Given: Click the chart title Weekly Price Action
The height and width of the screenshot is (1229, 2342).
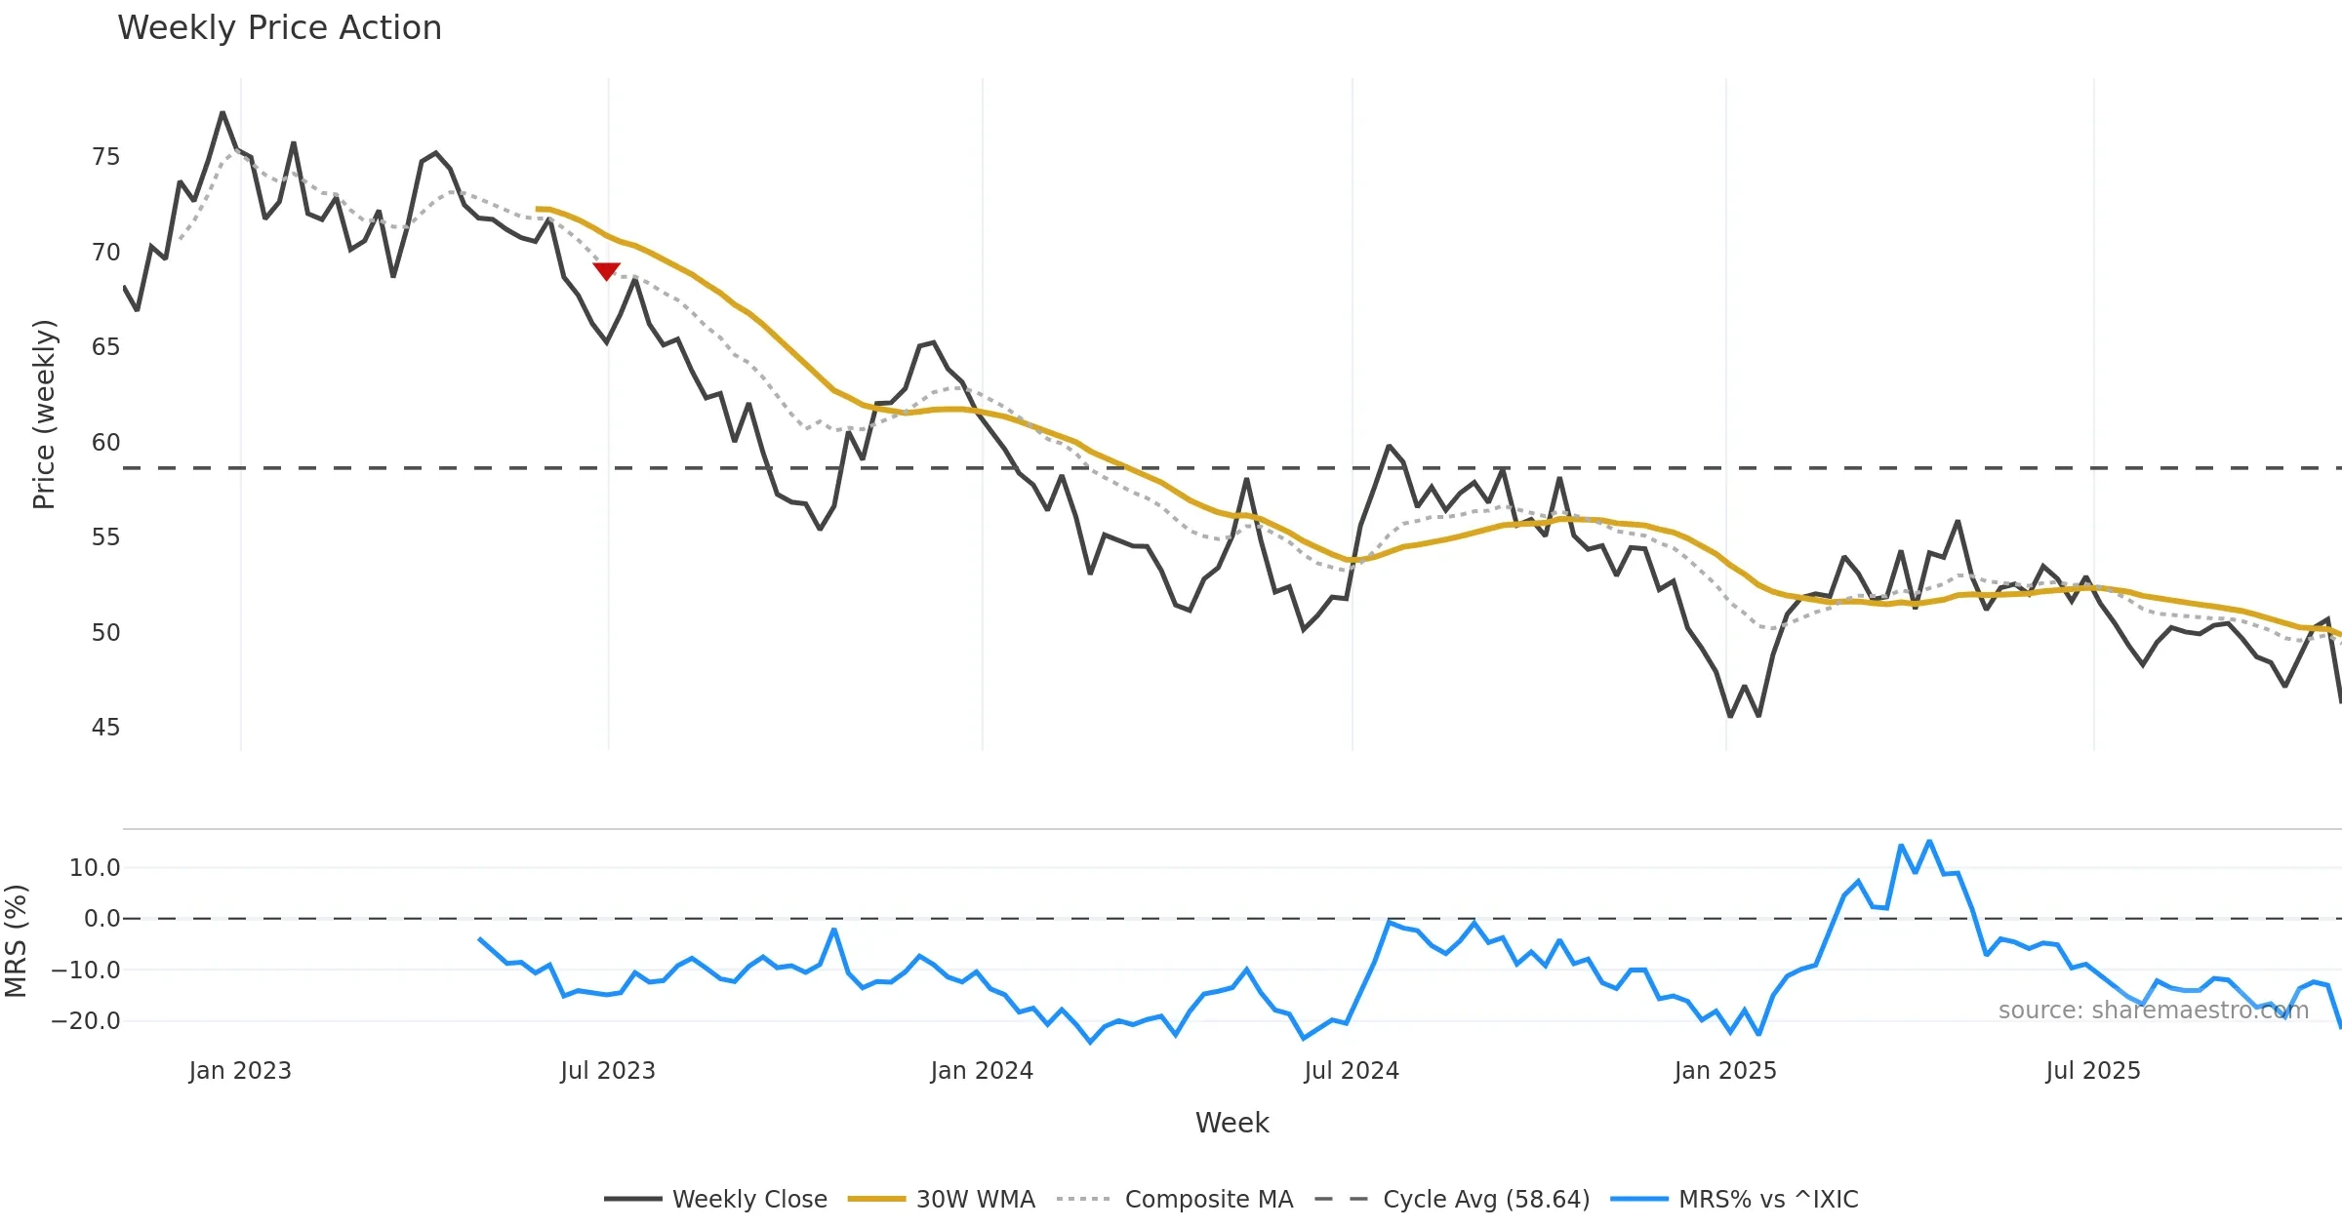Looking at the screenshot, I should point(279,28).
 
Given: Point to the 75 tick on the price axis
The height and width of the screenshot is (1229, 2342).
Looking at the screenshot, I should point(105,157).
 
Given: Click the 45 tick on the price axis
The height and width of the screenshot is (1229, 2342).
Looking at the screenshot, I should point(105,728).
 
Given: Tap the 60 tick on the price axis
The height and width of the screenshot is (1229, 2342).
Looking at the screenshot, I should point(105,443).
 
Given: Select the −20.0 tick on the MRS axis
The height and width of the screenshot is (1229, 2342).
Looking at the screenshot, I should point(86,1021).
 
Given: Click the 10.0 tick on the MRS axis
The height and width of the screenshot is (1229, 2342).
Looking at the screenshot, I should point(95,868).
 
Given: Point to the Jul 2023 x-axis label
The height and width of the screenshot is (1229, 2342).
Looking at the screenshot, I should point(607,1071).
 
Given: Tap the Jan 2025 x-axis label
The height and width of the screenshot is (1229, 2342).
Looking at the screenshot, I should point(1725,1071).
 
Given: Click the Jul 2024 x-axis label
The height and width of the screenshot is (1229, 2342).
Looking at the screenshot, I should point(1352,1071).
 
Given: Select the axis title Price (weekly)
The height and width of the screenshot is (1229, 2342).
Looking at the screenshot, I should point(45,415).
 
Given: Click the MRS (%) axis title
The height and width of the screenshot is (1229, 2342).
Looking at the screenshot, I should point(16,941).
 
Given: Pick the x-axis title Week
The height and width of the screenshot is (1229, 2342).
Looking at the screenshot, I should point(1232,1124).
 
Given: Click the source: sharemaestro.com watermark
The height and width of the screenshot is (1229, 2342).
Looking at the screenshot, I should point(2153,1011).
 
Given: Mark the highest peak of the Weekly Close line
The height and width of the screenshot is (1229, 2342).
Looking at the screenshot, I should point(222,113).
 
